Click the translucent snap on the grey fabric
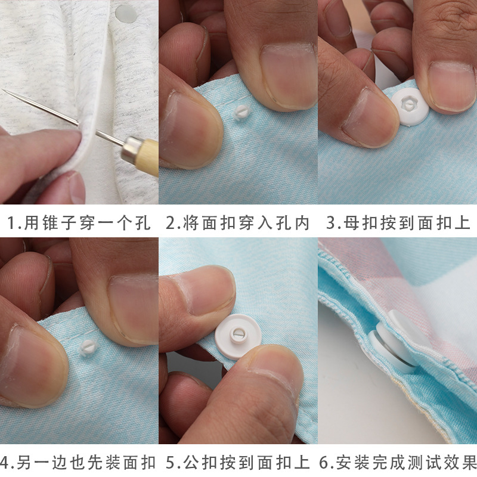click(x=126, y=14)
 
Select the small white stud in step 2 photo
click(x=242, y=113)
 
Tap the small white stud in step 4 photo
click(x=88, y=348)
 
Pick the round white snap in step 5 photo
click(x=237, y=337)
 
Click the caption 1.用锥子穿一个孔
click(x=79, y=222)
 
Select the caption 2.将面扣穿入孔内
click(x=237, y=222)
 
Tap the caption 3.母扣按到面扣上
click(x=398, y=222)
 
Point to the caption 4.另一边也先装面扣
click(x=78, y=463)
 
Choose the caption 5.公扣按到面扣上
click(x=237, y=463)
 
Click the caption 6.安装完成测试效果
click(x=398, y=463)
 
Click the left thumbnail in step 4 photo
click(x=32, y=365)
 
